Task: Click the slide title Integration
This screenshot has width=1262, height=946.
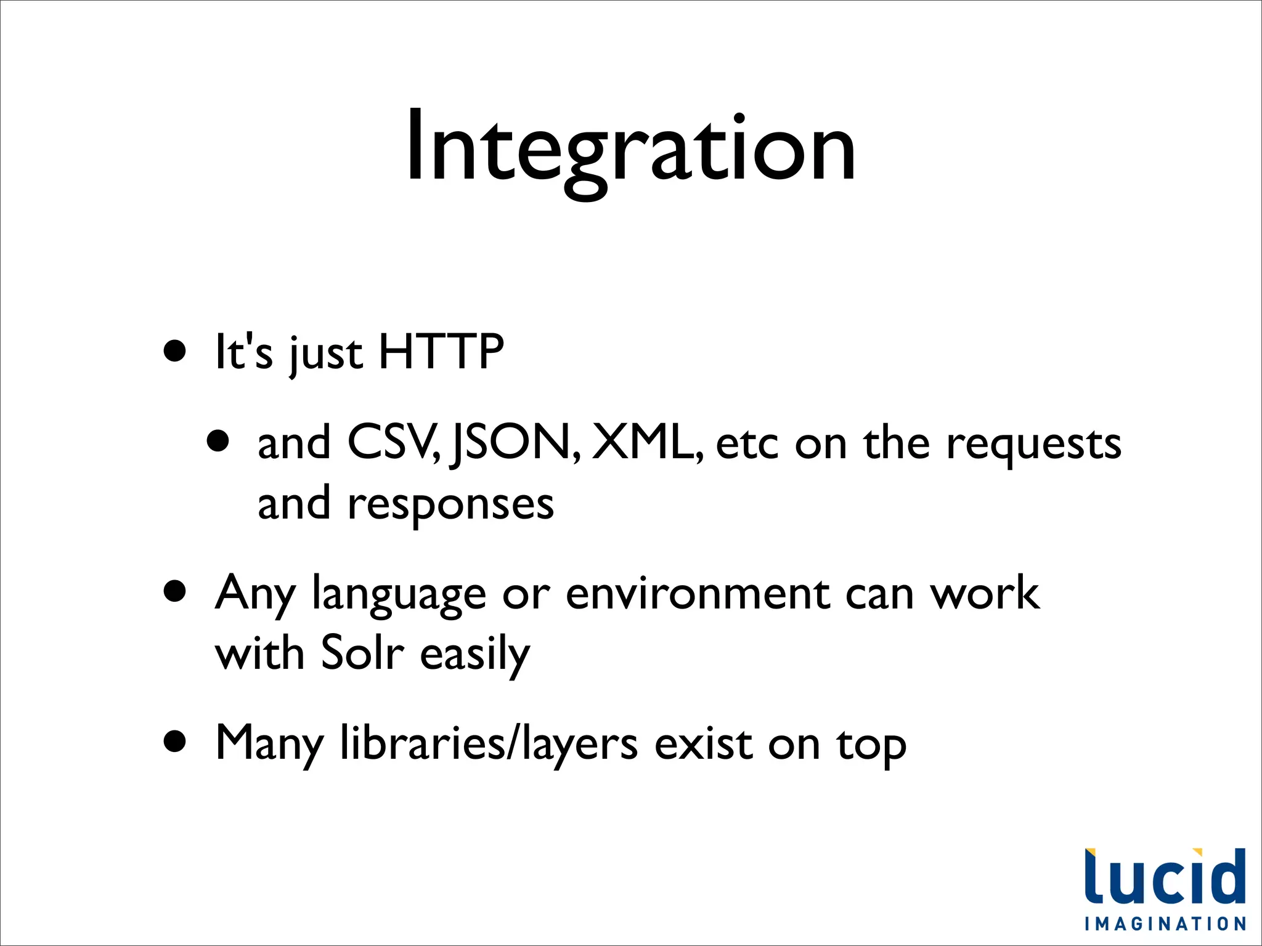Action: click(630, 148)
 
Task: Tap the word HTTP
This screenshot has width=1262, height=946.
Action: click(441, 352)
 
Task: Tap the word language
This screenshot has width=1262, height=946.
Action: click(399, 595)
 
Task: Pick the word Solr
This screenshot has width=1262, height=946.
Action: click(362, 652)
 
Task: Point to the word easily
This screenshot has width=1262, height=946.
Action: click(474, 655)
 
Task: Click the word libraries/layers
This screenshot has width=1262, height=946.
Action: click(489, 744)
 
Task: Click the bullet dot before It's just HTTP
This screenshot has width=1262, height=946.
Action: click(175, 351)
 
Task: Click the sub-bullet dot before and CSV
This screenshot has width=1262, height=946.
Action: click(218, 441)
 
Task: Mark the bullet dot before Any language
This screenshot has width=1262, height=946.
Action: click(175, 592)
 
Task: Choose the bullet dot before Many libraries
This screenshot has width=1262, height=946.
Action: click(175, 742)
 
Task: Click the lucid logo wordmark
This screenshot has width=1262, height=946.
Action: click(1165, 877)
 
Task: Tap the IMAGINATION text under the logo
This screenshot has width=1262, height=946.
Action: click(1165, 924)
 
